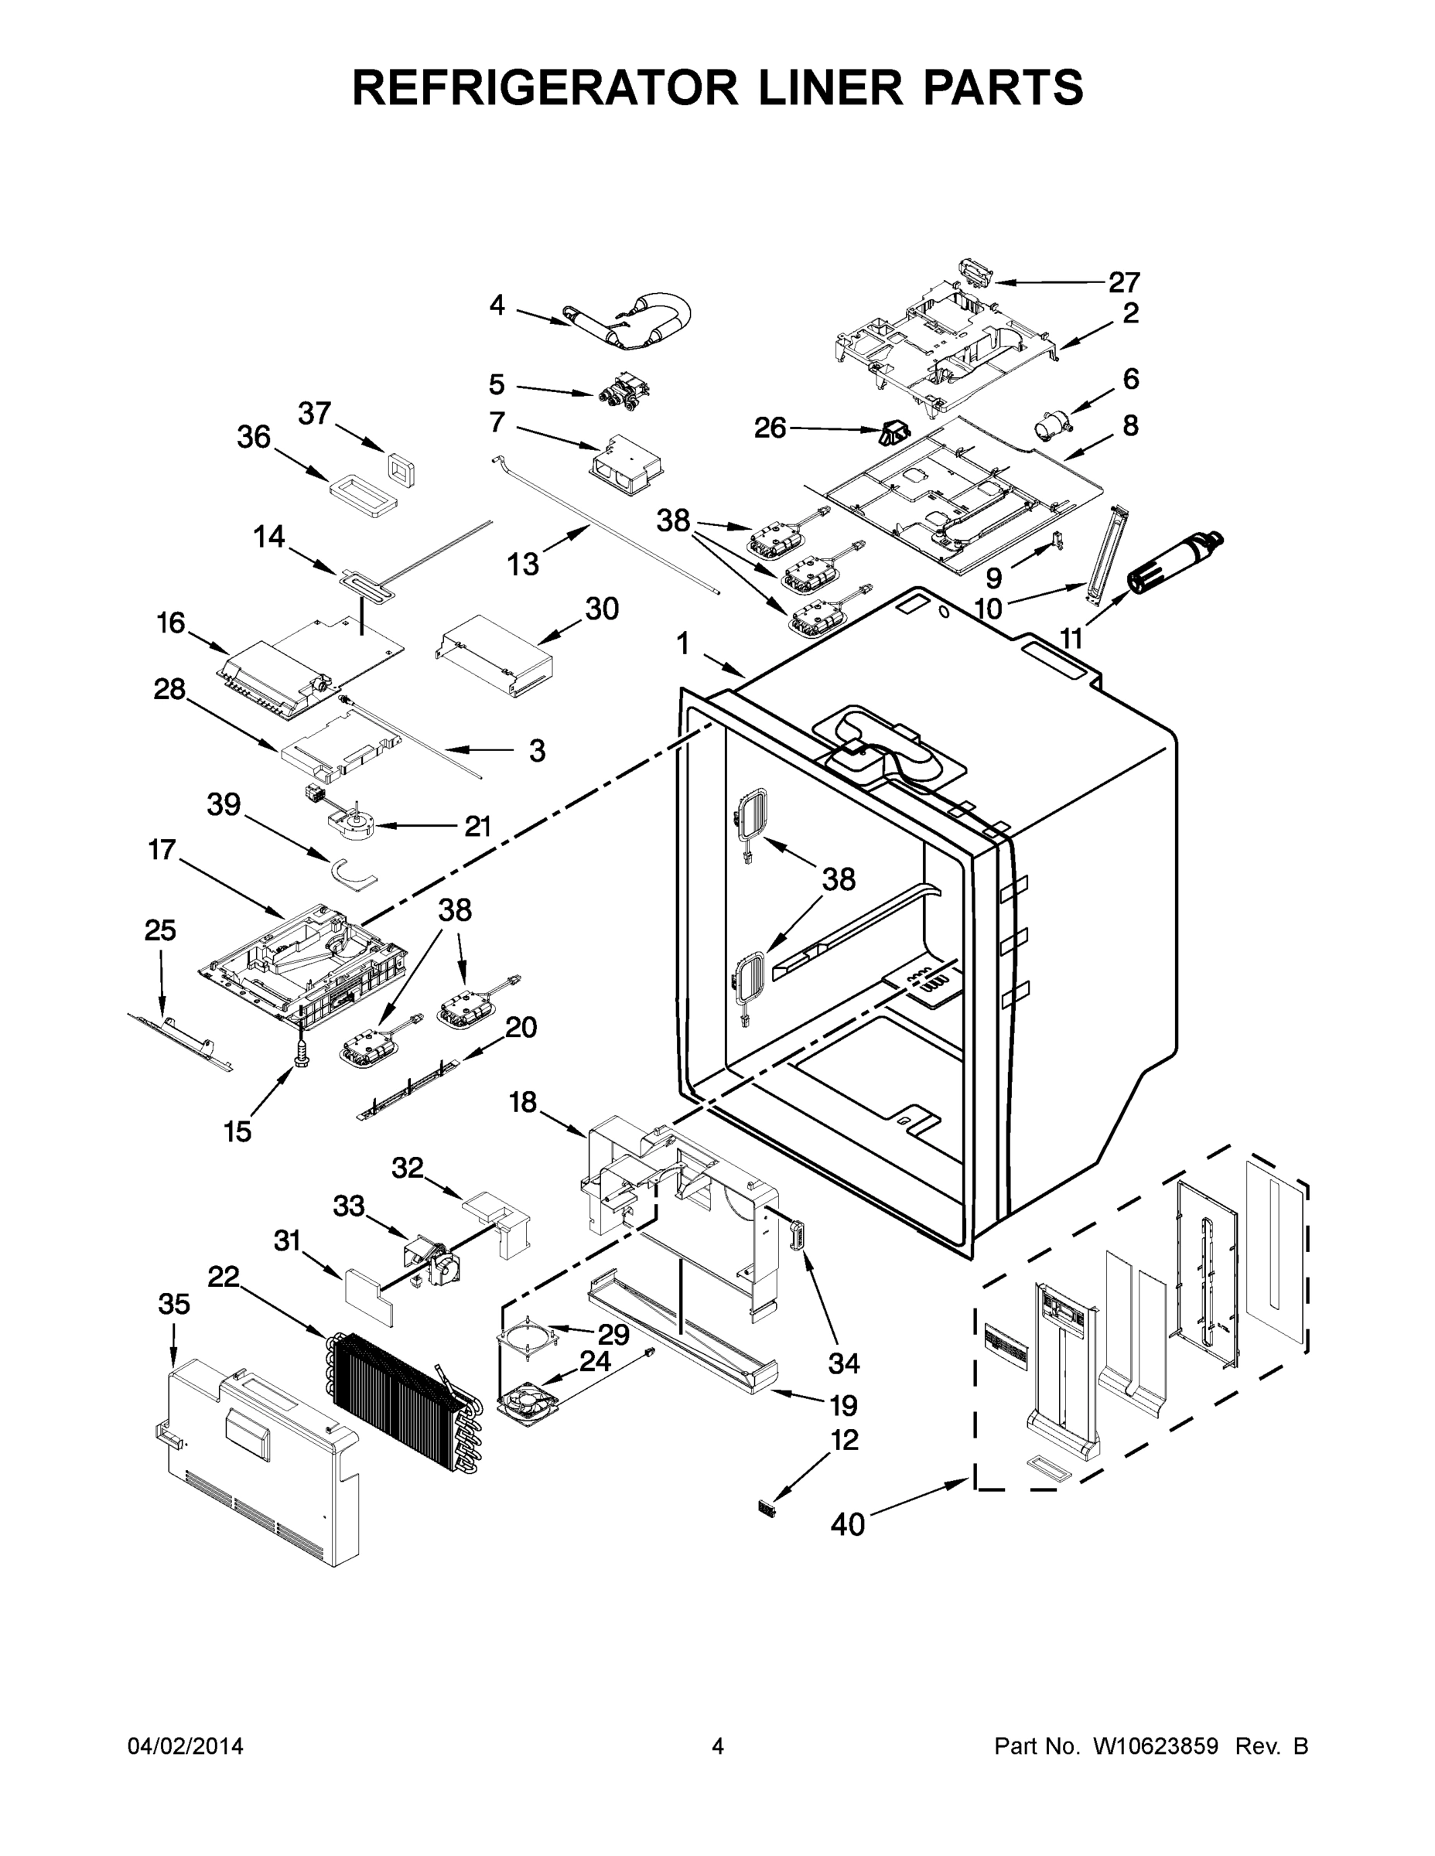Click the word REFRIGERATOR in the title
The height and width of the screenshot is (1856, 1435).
tap(545, 87)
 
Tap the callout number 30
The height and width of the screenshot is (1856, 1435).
tap(602, 609)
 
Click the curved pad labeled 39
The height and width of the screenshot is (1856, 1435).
tap(352, 874)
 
